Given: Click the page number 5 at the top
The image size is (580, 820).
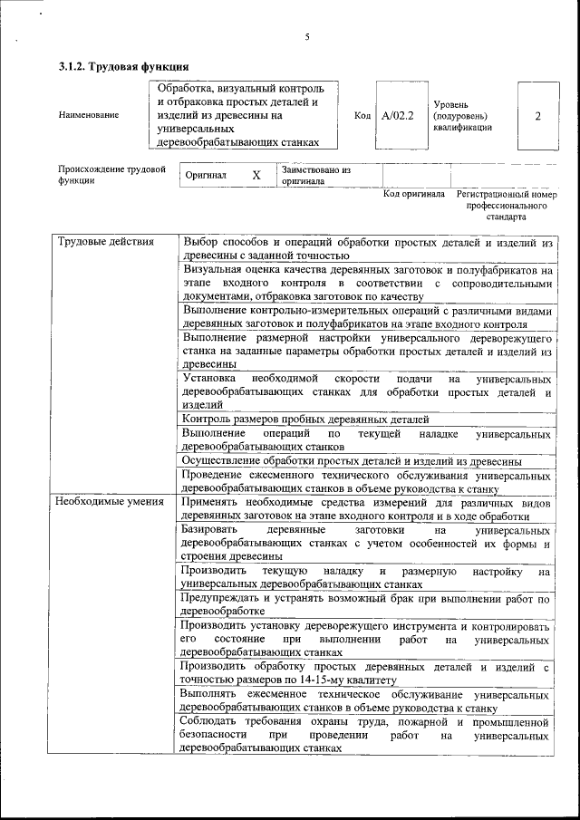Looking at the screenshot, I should [307, 37].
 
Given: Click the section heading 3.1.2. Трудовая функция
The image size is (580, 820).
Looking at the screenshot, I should [123, 66].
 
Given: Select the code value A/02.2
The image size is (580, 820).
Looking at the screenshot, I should [397, 116].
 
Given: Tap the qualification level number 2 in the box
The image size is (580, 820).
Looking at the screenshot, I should [538, 116].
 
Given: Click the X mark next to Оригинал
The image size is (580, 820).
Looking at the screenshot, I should [256, 175].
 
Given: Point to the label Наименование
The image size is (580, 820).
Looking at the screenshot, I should [88, 116].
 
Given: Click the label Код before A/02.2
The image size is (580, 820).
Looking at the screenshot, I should [362, 116].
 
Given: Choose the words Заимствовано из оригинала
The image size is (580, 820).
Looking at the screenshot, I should [316, 175].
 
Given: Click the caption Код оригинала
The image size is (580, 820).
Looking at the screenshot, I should [414, 194].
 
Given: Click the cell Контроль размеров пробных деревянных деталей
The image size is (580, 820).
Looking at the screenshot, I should [305, 420].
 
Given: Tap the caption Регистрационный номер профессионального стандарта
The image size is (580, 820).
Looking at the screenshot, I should [507, 206].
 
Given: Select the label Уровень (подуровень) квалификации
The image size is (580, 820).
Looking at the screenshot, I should [462, 116].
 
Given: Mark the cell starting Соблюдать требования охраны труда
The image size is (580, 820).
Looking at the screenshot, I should [365, 735].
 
